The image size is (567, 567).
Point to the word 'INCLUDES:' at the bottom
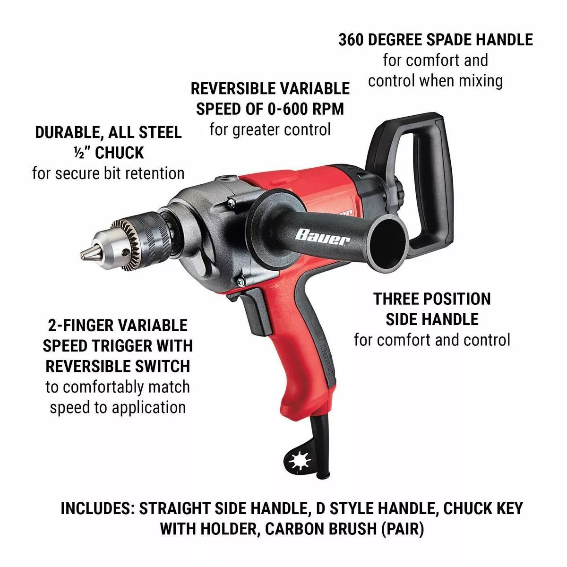point(96,508)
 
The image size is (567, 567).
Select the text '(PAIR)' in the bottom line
point(402,529)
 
